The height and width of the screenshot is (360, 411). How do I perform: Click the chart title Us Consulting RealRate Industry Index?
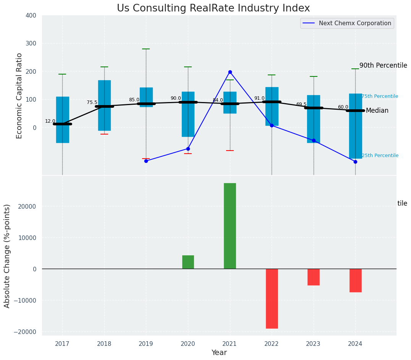(x=213, y=8)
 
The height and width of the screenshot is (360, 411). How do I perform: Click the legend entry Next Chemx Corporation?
(x=353, y=23)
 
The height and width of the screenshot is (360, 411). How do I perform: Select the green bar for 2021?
(x=230, y=225)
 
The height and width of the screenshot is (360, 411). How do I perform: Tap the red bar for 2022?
(x=272, y=298)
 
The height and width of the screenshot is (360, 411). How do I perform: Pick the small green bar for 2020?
(x=188, y=262)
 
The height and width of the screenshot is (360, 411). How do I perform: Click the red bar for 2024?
(x=355, y=280)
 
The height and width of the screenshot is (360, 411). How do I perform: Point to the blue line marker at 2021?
(x=230, y=72)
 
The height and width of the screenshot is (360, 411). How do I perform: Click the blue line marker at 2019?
(x=146, y=161)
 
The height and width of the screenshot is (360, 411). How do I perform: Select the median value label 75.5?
(x=92, y=102)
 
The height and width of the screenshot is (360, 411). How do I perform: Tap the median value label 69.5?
(x=301, y=104)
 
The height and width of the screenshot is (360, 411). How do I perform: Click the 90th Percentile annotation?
(x=383, y=65)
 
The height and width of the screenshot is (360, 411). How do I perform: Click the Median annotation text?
(x=377, y=111)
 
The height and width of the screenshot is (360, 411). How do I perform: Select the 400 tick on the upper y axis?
(x=31, y=15)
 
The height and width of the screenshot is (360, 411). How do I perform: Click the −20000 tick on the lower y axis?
(x=25, y=332)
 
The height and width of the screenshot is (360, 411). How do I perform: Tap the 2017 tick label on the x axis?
(x=62, y=344)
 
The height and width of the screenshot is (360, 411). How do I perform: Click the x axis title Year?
(x=219, y=353)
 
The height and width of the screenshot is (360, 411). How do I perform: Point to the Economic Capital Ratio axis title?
(x=19, y=96)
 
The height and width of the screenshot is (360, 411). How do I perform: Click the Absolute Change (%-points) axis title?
(x=7, y=256)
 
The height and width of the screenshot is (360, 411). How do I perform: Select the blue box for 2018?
(x=104, y=105)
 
